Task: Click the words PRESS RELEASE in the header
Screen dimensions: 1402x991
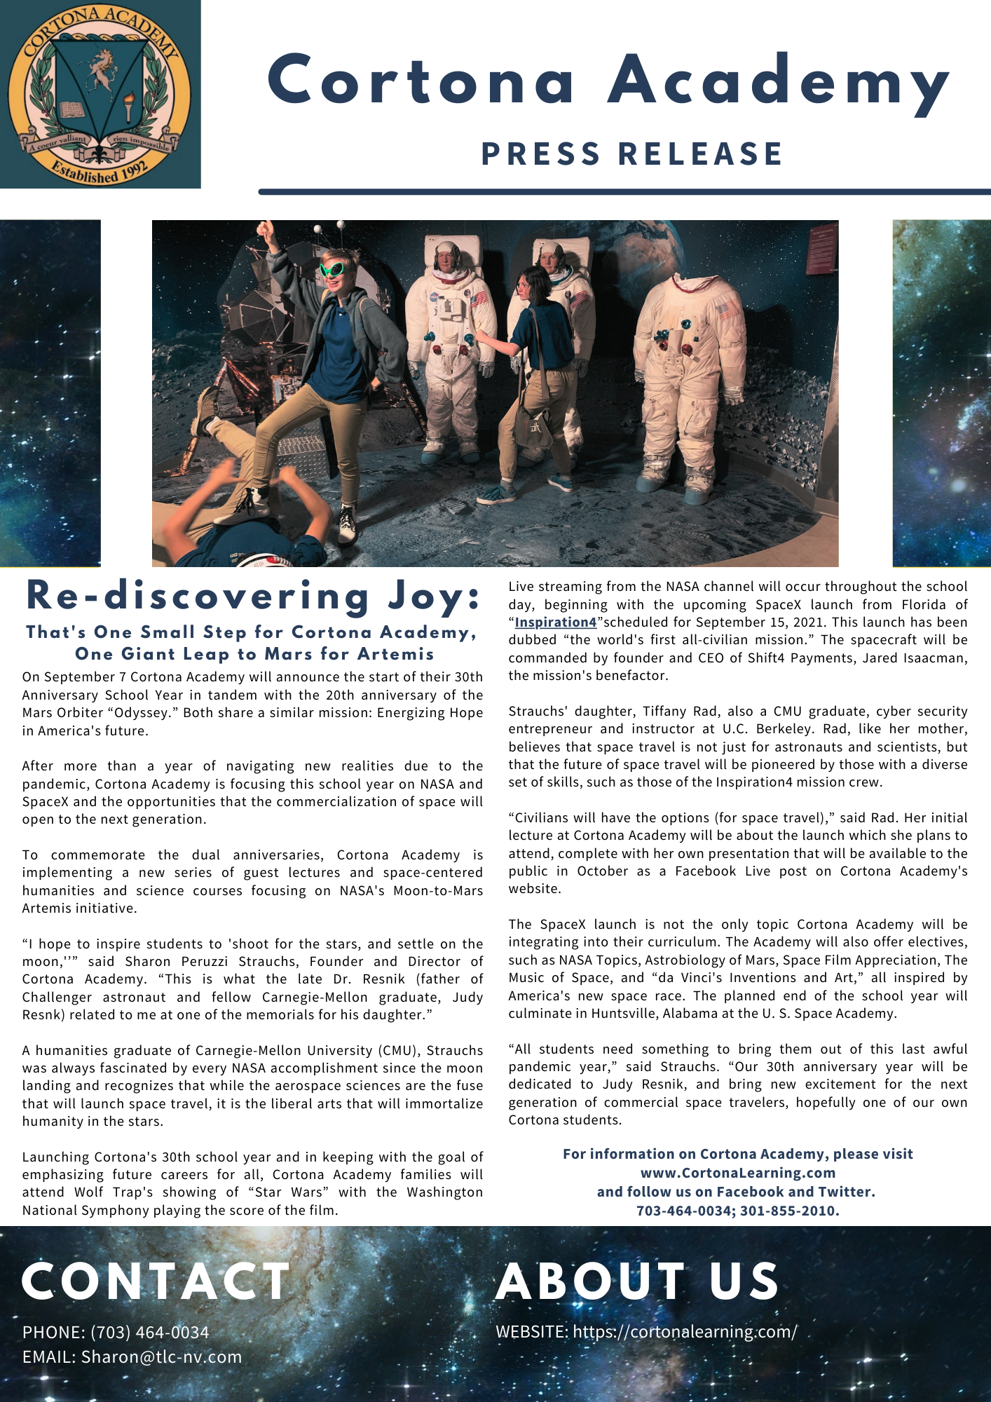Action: [x=631, y=154]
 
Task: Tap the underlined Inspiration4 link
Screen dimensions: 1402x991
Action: [x=555, y=622]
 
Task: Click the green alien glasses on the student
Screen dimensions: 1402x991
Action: [x=332, y=268]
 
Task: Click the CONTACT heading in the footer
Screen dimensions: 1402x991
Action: [x=156, y=1282]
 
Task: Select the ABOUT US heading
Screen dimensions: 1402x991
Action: [x=637, y=1282]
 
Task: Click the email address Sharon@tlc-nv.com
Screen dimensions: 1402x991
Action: [x=161, y=1357]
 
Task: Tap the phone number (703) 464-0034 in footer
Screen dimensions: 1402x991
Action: [x=149, y=1332]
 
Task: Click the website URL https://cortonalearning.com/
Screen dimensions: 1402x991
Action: [x=685, y=1331]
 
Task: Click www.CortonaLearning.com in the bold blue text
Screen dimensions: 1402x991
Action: [x=737, y=1173]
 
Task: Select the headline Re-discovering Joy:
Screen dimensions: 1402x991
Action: [x=253, y=597]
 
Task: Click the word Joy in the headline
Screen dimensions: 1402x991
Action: [x=435, y=597]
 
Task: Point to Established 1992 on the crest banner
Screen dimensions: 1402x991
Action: [x=100, y=170]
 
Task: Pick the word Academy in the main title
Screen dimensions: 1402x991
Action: [x=778, y=81]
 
